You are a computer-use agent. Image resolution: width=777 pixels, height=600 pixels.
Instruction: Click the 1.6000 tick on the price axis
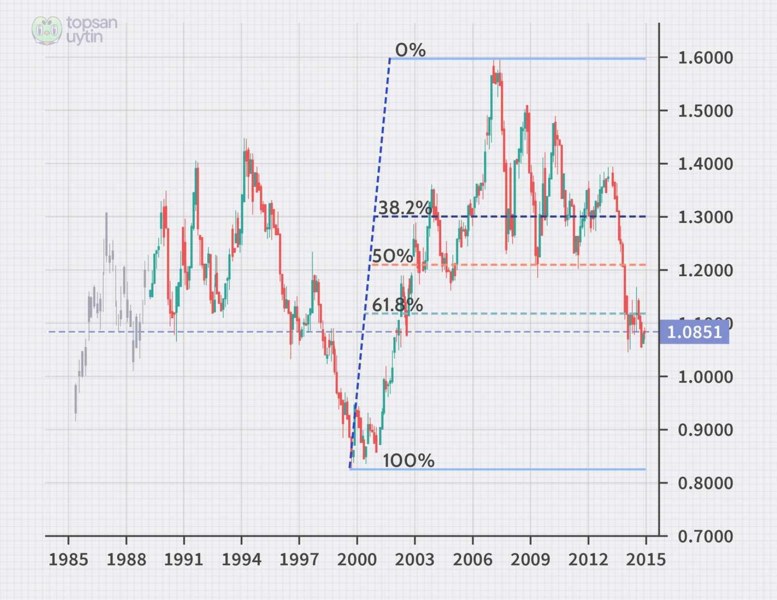pos(705,58)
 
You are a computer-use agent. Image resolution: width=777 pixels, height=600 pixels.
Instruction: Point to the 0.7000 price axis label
pos(705,536)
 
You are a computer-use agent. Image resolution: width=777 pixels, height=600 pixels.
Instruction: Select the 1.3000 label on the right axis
pos(705,217)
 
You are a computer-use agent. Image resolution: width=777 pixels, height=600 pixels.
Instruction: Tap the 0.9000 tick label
pos(705,430)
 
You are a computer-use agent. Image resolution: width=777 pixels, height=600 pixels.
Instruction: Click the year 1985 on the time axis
pos(68,559)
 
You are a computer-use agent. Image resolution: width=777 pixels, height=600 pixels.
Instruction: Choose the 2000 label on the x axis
pos(357,559)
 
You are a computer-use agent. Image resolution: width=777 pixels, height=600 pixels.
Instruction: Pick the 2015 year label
pos(645,559)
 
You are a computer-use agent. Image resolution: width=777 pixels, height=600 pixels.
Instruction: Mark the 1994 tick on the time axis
pos(241,559)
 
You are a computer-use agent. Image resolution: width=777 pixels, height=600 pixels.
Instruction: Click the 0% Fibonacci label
pos(410,50)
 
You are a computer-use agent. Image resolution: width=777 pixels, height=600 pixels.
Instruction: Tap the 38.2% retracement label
pos(405,208)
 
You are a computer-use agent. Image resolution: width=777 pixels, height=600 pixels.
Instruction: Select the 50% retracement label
pos(392,256)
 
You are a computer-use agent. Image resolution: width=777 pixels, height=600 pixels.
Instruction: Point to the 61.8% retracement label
pos(397,305)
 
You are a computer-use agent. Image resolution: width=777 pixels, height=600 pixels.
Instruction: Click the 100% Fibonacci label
pos(409,460)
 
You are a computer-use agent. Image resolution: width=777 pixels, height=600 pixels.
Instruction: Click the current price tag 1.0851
pos(694,332)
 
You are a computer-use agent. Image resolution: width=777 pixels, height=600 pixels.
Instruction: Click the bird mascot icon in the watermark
pos(47,30)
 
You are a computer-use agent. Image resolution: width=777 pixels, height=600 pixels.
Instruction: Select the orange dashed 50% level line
pos(524,265)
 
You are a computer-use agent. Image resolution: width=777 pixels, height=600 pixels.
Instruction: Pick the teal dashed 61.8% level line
pos(524,313)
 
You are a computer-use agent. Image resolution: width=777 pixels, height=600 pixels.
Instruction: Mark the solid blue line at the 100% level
pos(524,469)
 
